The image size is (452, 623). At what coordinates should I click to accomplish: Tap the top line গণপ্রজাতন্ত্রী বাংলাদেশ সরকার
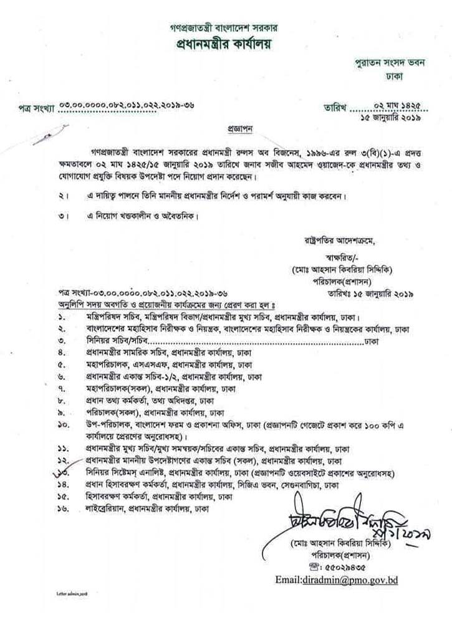226,28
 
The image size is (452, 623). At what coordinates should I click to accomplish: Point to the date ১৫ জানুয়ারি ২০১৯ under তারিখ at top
388,117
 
